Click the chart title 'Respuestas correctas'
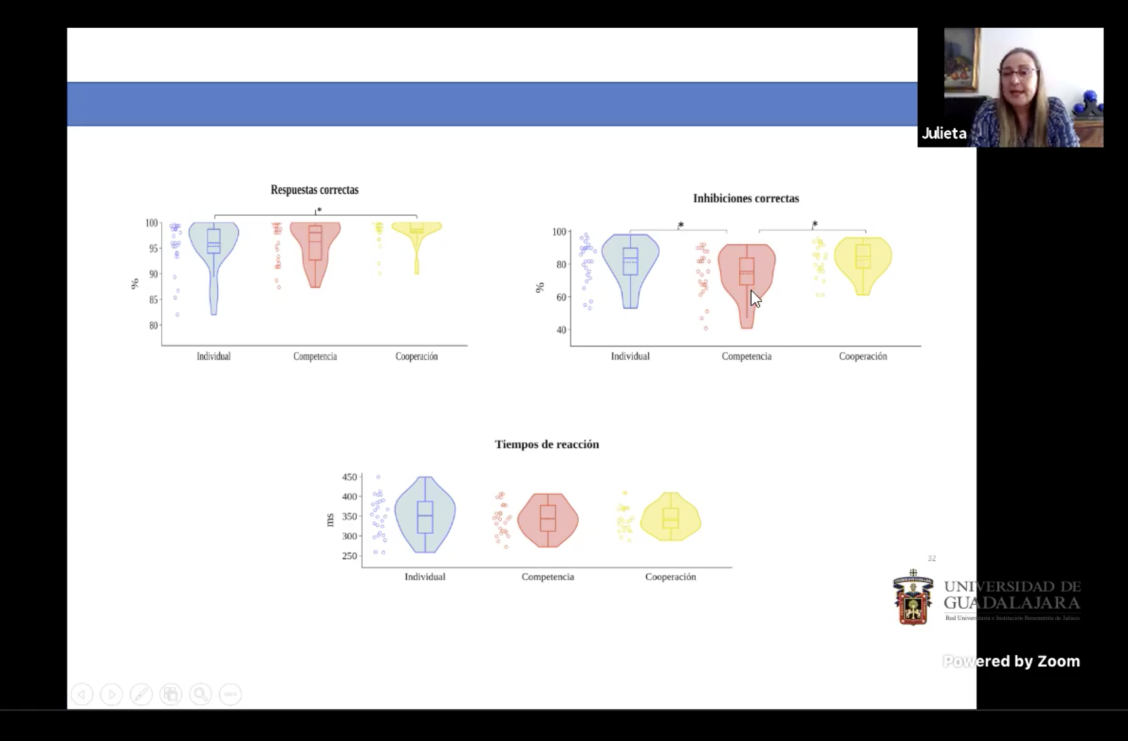click(315, 190)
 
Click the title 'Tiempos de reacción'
click(547, 444)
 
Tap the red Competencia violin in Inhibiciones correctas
click(746, 275)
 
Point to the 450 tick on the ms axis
click(349, 477)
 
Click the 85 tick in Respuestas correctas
click(153, 300)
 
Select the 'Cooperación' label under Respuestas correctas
click(416, 356)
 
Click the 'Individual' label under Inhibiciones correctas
click(630, 356)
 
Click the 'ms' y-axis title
click(330, 520)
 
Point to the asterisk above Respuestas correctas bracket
click(319, 210)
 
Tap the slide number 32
click(932, 559)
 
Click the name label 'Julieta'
click(944, 133)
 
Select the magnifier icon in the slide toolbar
click(201, 694)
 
